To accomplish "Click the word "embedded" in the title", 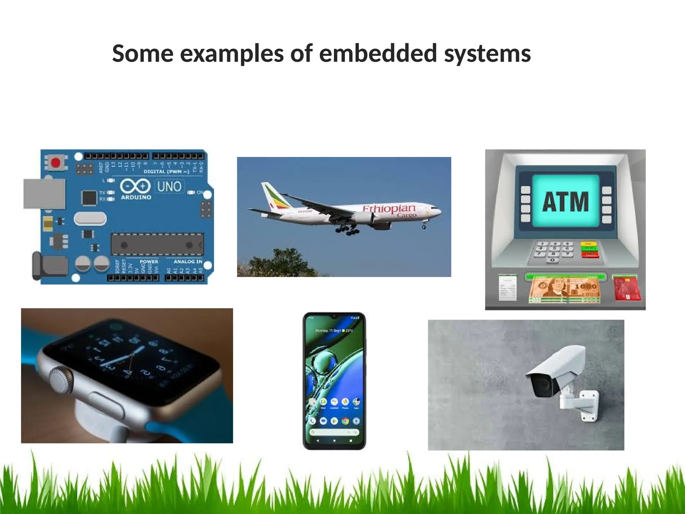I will (x=378, y=54).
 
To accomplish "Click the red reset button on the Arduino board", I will (x=56, y=163).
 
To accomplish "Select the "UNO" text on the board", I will (x=169, y=186).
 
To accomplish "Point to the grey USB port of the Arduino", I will (x=44, y=193).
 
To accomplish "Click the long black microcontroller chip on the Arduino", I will (x=157, y=244).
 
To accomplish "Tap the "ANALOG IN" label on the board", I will (x=188, y=261).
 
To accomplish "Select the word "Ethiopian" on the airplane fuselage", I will (x=389, y=208).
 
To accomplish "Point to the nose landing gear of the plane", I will (x=424, y=226).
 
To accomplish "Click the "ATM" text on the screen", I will (x=565, y=202).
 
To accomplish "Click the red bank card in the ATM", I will (x=626, y=288).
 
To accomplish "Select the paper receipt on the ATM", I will (x=507, y=288).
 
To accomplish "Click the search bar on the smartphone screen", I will (x=334, y=432).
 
